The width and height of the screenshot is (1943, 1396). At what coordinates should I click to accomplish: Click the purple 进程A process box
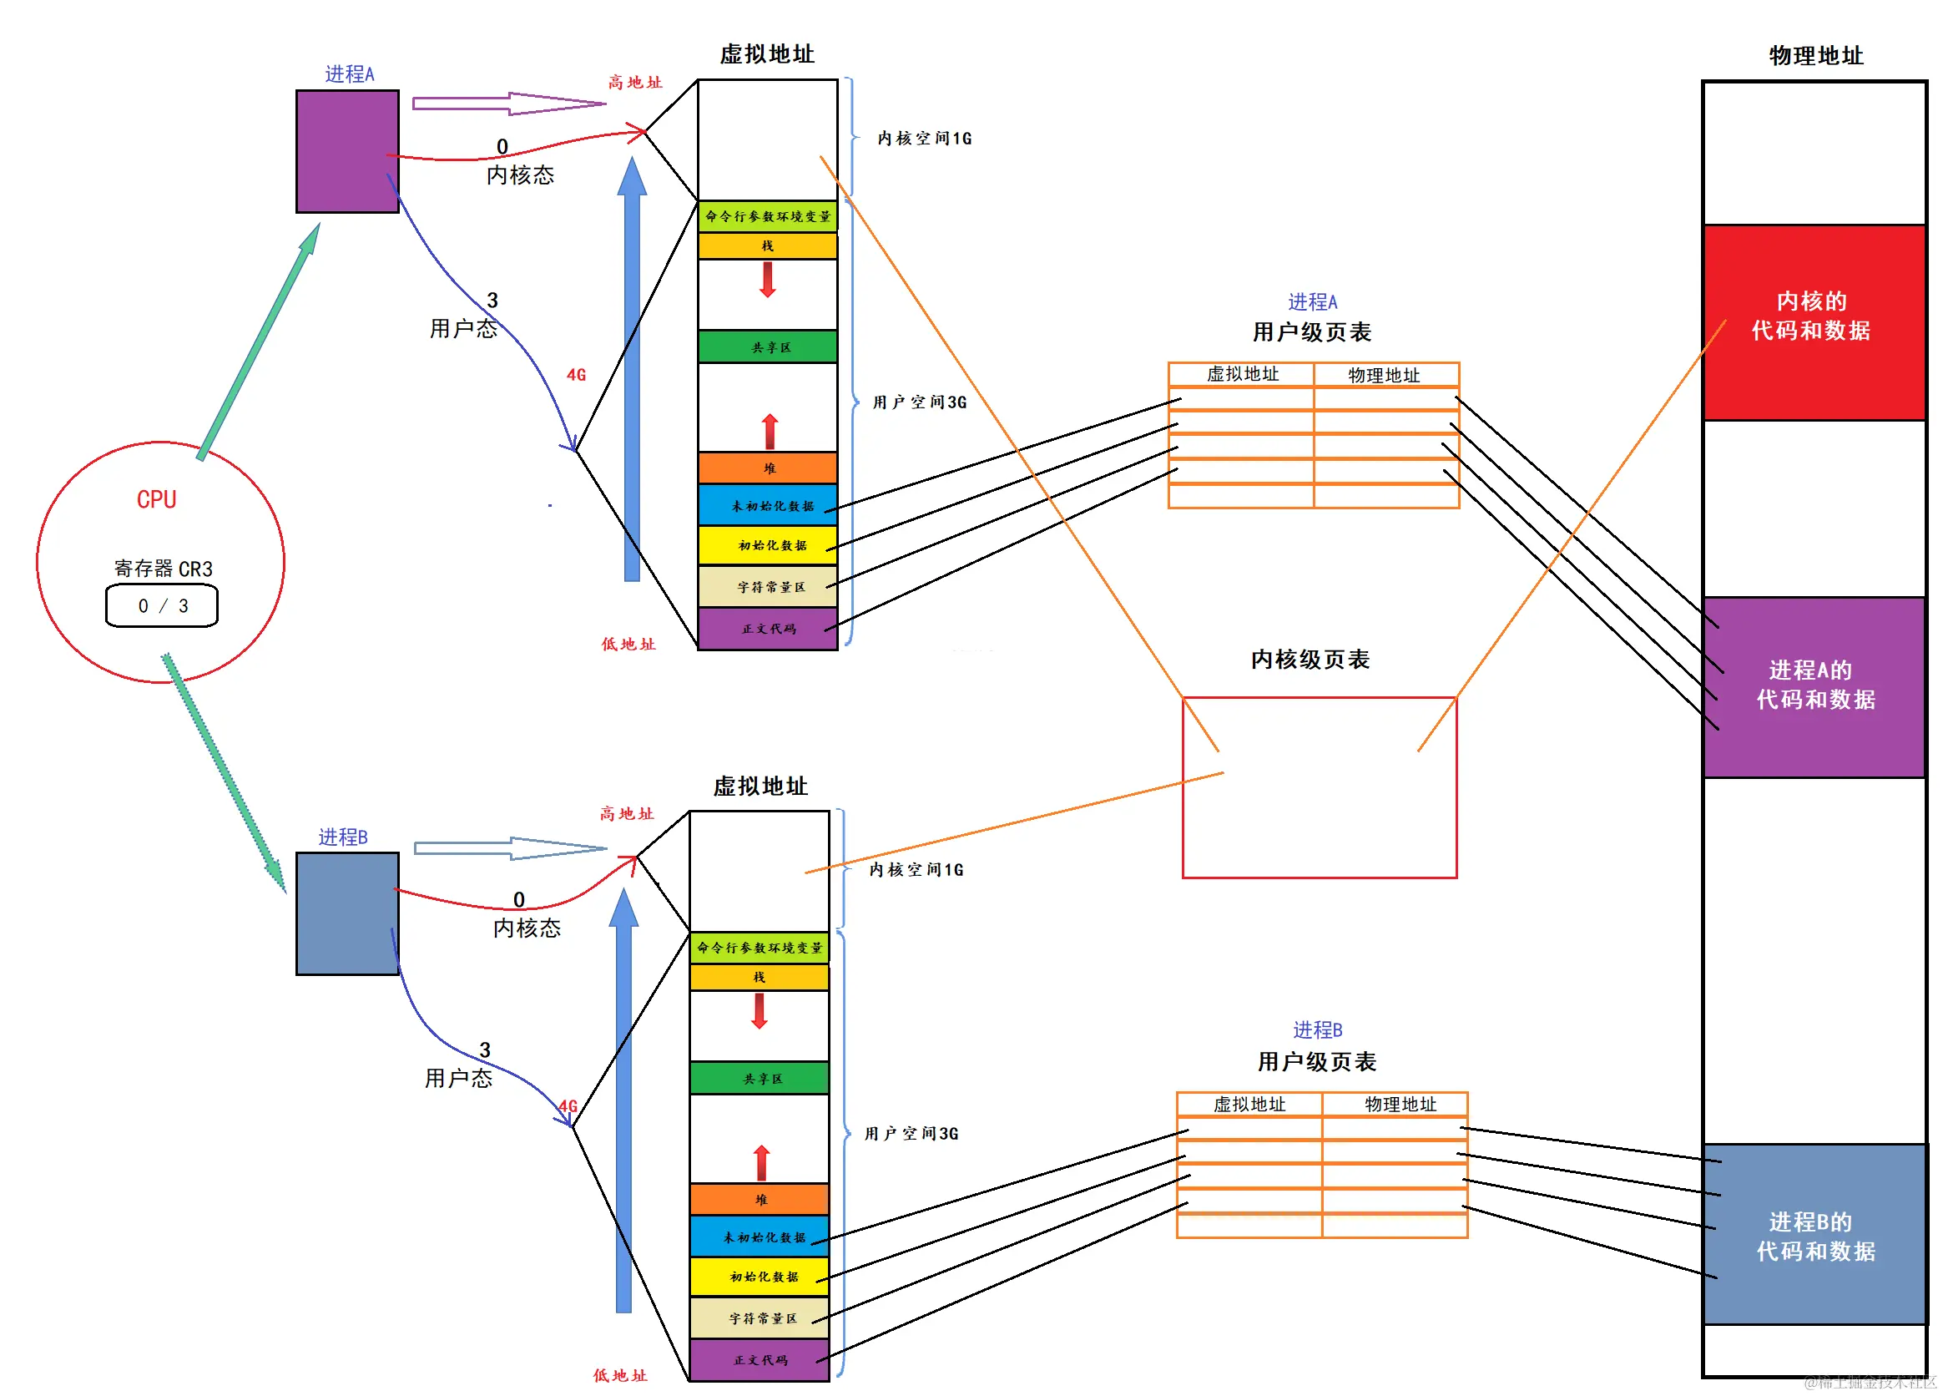(x=347, y=152)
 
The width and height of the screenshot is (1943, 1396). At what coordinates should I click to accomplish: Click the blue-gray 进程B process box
(x=347, y=913)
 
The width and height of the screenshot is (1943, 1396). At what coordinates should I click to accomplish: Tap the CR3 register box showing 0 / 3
(x=162, y=606)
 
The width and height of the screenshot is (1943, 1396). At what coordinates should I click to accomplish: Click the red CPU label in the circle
(x=157, y=499)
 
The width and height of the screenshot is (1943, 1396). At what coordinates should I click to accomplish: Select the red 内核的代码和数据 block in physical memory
(x=1814, y=322)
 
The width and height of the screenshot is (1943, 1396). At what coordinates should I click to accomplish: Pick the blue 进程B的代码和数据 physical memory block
(x=1814, y=1234)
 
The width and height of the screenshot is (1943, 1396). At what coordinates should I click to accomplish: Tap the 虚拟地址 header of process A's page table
(x=1241, y=375)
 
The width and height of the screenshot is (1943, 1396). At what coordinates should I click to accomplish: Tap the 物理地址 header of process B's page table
(x=1400, y=1104)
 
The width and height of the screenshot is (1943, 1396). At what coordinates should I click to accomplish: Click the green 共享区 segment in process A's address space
(x=768, y=347)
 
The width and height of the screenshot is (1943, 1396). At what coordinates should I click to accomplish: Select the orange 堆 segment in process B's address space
(x=759, y=1199)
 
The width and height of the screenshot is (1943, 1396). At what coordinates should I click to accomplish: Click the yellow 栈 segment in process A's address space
(x=768, y=246)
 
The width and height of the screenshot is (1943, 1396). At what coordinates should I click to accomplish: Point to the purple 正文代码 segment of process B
(x=759, y=1360)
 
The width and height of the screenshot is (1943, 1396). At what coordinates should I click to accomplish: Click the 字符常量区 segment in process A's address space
(x=768, y=587)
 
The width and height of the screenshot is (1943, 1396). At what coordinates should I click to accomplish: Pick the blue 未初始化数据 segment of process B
(x=759, y=1237)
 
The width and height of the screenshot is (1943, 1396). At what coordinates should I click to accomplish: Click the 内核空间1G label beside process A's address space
(x=925, y=139)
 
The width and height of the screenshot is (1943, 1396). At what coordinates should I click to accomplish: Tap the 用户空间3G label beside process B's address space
(x=911, y=1133)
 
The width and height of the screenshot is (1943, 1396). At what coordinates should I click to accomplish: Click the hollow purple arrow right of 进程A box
(x=509, y=104)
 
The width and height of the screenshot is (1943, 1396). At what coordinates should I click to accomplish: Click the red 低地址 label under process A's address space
(x=628, y=645)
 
